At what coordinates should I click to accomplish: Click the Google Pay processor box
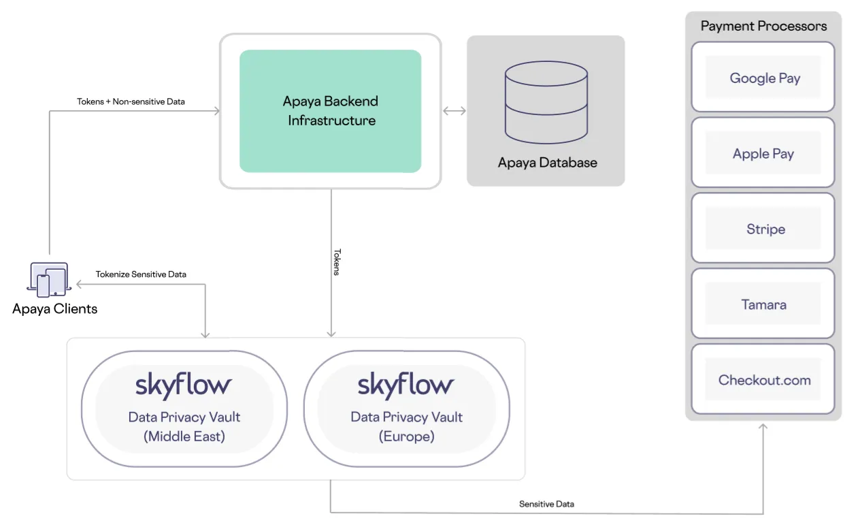(x=763, y=78)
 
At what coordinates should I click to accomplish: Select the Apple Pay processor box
(x=763, y=153)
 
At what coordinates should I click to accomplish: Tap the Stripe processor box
(x=763, y=229)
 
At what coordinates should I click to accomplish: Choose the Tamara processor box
(x=763, y=304)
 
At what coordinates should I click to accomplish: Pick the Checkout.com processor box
(x=763, y=380)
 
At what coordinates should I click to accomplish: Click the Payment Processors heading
(x=763, y=27)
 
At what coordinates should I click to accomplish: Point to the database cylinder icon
(x=546, y=102)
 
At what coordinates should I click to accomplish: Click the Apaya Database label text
(x=547, y=163)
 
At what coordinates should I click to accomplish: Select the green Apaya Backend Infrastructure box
(x=331, y=111)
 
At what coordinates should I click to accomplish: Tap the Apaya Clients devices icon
(x=49, y=280)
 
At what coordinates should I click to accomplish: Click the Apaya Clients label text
(x=54, y=309)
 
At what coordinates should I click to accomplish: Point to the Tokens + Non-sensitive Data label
(x=131, y=101)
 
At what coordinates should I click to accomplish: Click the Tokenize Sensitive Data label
(x=141, y=274)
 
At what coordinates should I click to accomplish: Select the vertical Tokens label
(x=336, y=262)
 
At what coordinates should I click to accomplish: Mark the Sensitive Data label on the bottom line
(x=546, y=504)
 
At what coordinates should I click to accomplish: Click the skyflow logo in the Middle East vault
(x=184, y=385)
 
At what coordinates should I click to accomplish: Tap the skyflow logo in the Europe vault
(x=406, y=385)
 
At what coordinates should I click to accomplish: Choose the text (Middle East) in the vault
(x=184, y=436)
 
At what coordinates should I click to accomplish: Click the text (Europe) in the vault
(x=406, y=436)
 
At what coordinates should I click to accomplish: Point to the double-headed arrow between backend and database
(x=454, y=111)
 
